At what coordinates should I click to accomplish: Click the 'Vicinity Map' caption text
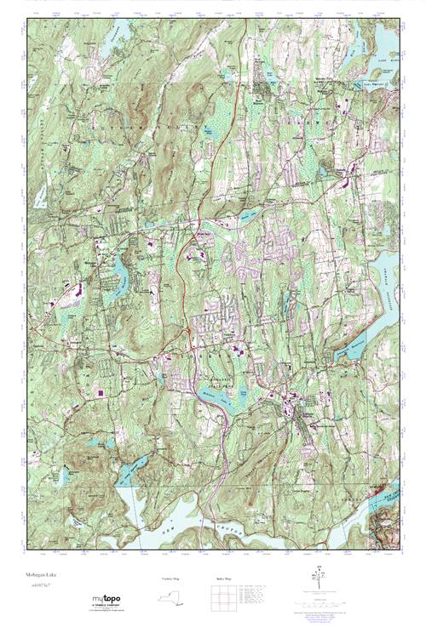170,578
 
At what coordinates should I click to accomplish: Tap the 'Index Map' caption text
221,578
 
